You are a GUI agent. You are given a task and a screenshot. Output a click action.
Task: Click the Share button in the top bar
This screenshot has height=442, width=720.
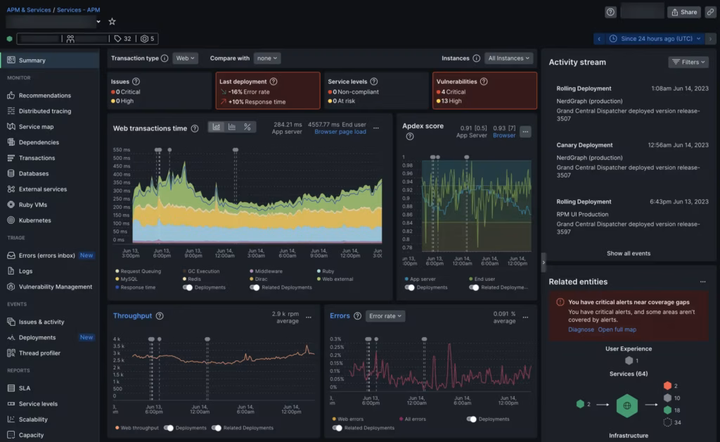point(683,12)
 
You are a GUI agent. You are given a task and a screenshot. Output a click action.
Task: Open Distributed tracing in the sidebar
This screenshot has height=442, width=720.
point(44,111)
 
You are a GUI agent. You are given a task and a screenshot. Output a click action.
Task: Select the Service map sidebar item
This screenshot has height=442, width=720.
point(36,127)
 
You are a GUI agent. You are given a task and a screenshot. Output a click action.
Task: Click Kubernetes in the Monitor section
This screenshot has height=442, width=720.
point(34,220)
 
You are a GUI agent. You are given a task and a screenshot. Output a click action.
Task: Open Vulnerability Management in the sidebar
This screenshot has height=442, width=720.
point(55,286)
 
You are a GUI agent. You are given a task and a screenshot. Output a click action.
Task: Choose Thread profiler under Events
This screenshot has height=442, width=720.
point(39,353)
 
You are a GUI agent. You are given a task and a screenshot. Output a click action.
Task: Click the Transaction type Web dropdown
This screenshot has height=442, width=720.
point(185,58)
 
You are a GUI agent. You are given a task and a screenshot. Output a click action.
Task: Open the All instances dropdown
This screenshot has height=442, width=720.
point(508,58)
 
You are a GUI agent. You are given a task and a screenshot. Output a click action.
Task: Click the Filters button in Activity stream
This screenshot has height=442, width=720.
point(688,62)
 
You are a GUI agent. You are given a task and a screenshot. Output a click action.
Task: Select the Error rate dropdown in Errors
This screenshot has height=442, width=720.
point(385,316)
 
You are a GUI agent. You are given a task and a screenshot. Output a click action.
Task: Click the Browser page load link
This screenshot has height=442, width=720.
point(340,132)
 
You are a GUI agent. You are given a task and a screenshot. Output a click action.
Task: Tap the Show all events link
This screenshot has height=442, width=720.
point(629,253)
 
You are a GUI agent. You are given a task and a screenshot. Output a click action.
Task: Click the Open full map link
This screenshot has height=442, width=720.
point(617,329)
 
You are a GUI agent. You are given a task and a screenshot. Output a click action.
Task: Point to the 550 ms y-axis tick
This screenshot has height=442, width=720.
point(122,150)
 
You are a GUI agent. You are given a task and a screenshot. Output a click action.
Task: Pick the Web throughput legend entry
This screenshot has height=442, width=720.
point(139,428)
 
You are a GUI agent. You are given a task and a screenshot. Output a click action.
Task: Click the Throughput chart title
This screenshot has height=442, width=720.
point(132,316)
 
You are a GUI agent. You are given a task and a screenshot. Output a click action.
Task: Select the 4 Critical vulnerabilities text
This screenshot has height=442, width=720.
point(454,91)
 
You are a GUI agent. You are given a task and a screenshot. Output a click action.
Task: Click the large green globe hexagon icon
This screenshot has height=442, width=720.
point(626,405)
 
